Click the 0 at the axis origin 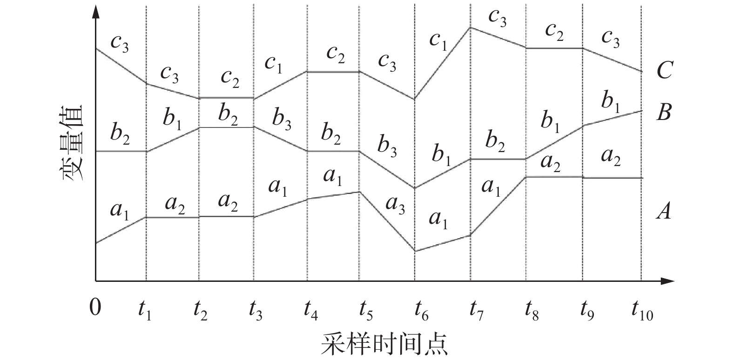tap(95, 307)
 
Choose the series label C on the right tap(664, 71)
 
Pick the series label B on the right tap(664, 112)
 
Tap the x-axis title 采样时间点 tap(384, 345)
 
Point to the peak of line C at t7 tap(471, 27)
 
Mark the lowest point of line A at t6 tap(414, 251)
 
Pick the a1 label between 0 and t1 tap(120, 212)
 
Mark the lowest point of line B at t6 tap(414, 188)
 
